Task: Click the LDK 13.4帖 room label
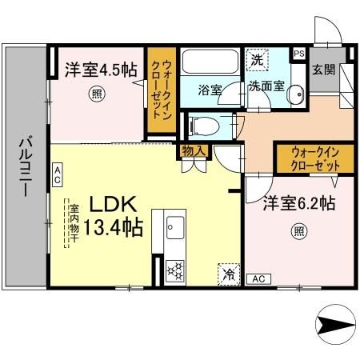(110, 214)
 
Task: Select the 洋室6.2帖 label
(294, 205)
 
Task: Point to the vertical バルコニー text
(23, 167)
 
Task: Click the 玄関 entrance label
(322, 68)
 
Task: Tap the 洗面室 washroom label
(264, 85)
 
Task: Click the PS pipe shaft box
(299, 54)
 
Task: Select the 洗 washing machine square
(256, 61)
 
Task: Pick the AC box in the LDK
(58, 171)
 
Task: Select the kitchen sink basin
(174, 230)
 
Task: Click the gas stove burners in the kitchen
(174, 270)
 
